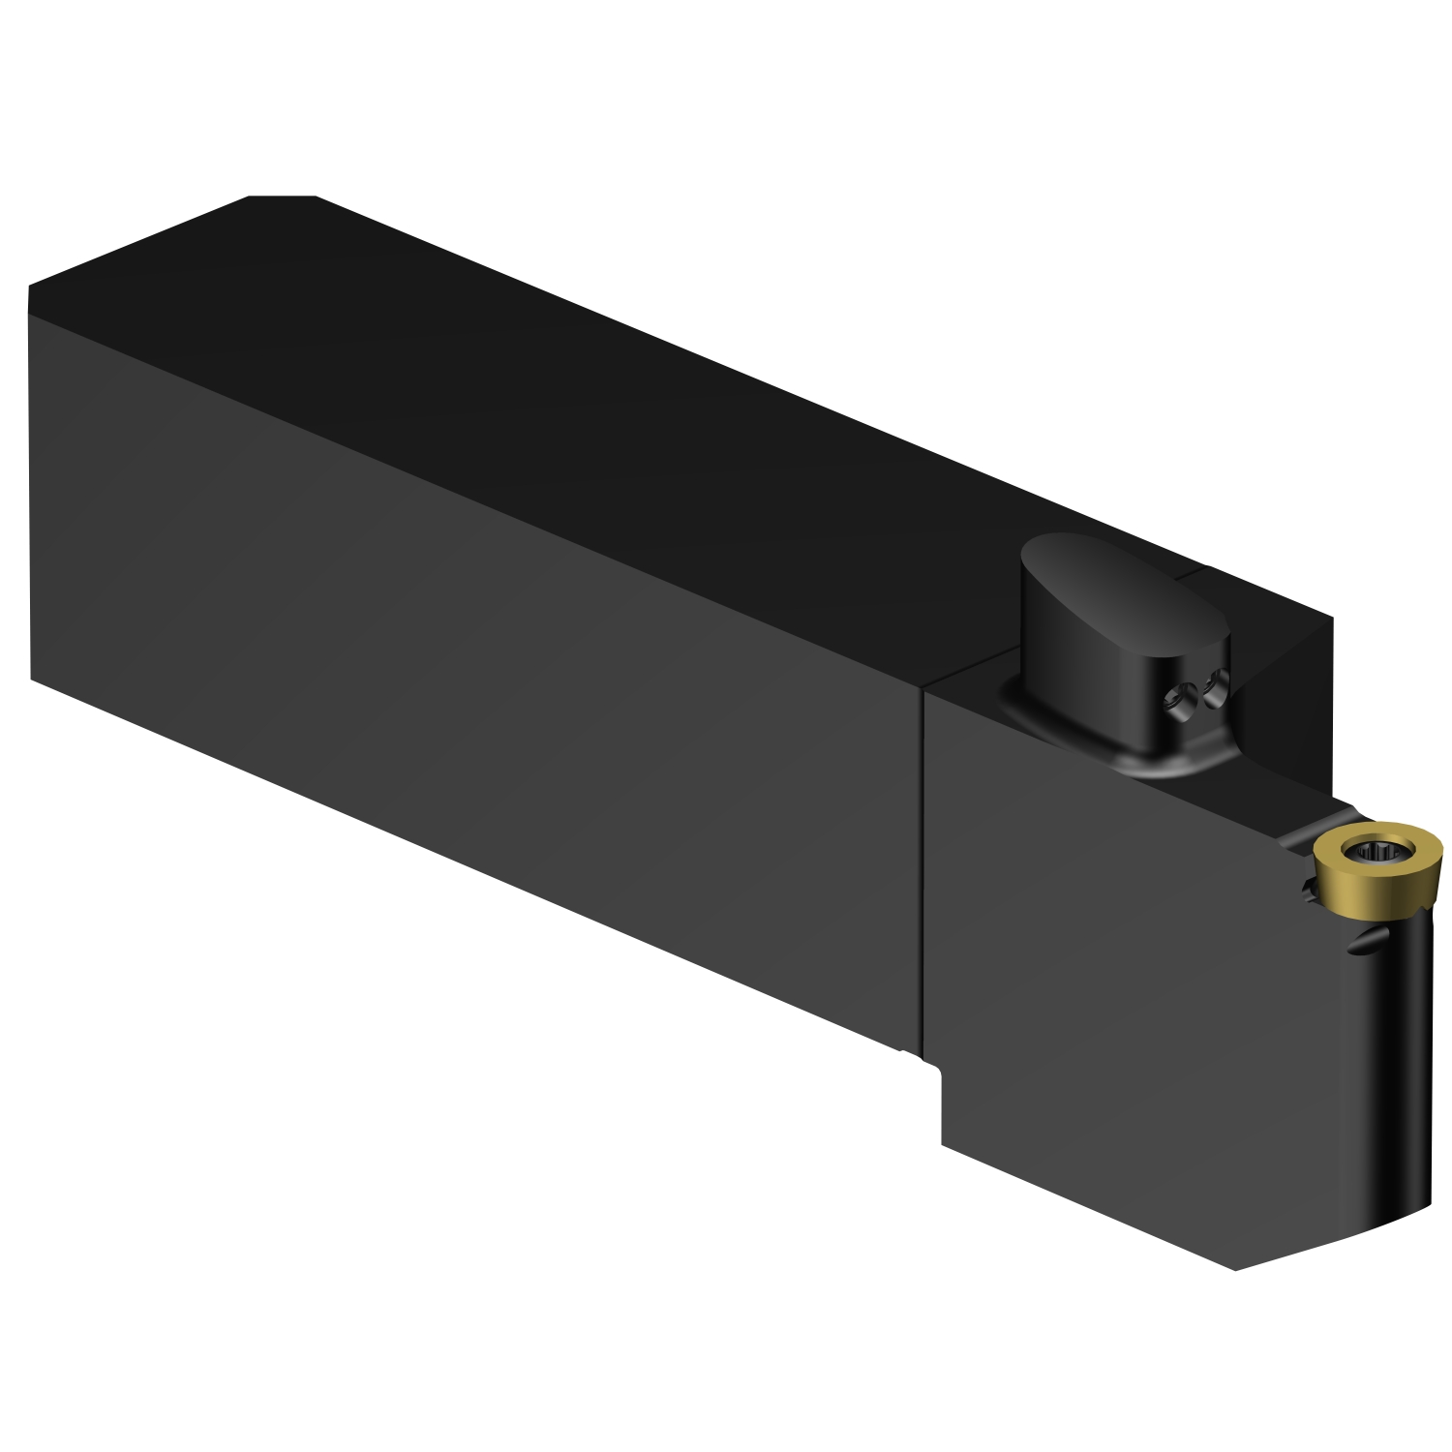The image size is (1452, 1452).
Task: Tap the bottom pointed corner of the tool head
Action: pyautogui.click(x=1237, y=1269)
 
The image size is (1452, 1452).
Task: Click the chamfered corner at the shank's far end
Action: pyautogui.click(x=281, y=197)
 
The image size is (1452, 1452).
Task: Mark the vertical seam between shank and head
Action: pyautogui.click(x=920, y=871)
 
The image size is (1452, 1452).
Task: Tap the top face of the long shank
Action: pyautogui.click(x=581, y=387)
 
